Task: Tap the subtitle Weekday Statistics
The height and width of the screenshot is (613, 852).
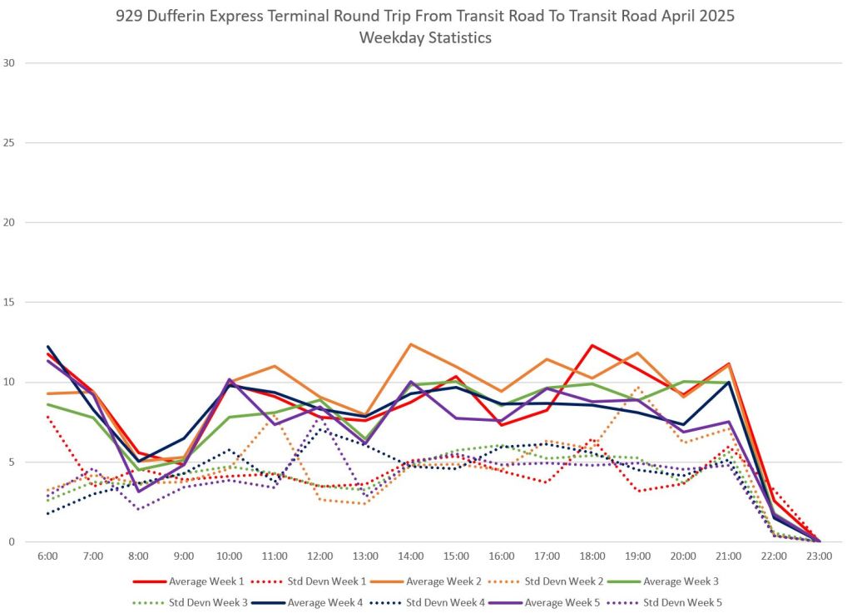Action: [x=425, y=38]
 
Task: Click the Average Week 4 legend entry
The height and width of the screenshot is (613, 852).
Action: [x=325, y=601]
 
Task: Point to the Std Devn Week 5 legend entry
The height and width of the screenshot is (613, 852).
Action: [x=675, y=601]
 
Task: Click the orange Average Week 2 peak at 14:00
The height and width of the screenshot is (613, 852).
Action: [x=411, y=344]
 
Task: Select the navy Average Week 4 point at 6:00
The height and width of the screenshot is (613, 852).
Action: [x=48, y=347]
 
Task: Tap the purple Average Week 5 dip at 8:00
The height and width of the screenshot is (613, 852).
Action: [x=139, y=492]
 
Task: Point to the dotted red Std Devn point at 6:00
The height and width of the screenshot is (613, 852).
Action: [x=48, y=416]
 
